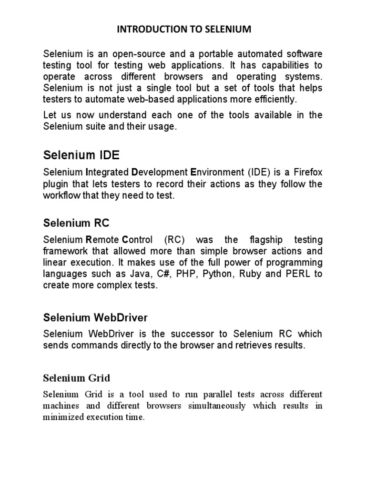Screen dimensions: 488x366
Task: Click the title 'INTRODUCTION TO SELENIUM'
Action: [x=183, y=30]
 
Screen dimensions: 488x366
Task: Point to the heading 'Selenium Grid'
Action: [x=77, y=378]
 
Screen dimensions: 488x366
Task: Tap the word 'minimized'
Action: [x=62, y=417]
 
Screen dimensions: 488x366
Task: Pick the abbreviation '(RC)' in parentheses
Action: [x=173, y=239]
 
